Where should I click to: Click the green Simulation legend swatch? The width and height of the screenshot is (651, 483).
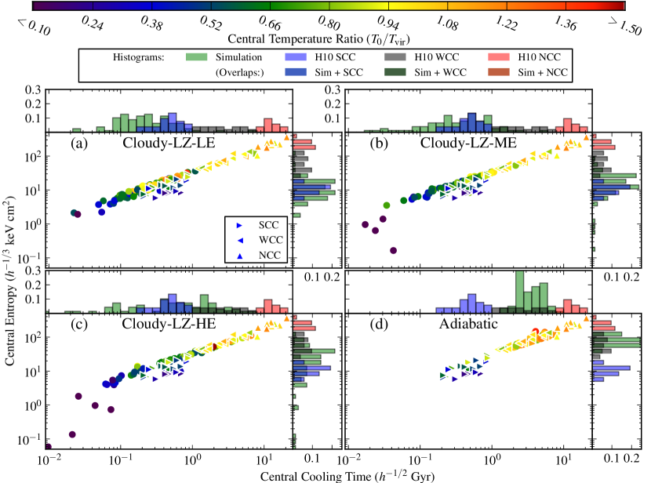tap(199, 57)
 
